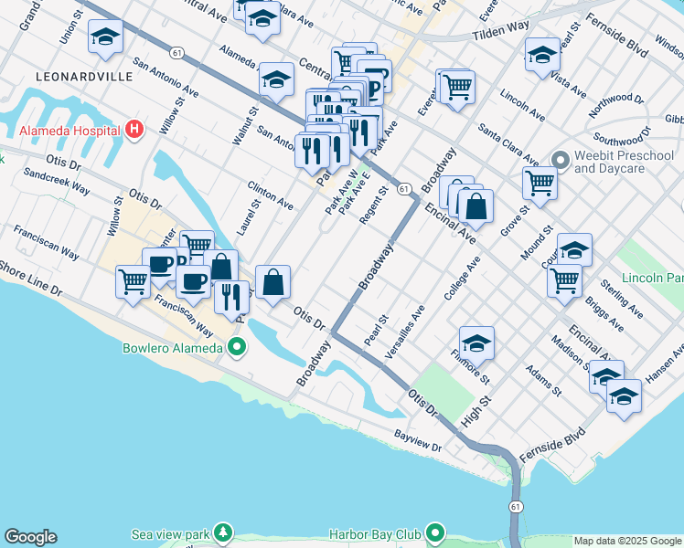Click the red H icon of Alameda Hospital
click(134, 129)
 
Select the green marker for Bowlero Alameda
click(237, 347)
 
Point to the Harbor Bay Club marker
click(435, 532)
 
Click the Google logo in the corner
click(30, 537)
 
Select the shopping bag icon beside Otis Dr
click(273, 282)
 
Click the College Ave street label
click(461, 279)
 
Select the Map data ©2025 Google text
click(627, 542)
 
